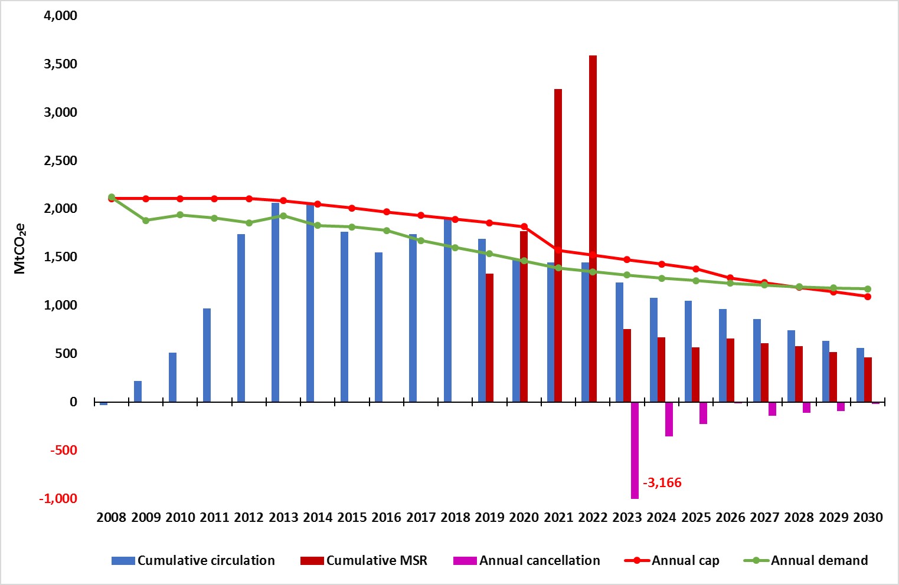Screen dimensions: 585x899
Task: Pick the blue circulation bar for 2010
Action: point(172,377)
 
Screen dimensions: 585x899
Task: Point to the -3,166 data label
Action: point(662,483)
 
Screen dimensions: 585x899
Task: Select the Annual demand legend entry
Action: point(806,560)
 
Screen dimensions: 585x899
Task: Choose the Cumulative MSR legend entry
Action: point(364,560)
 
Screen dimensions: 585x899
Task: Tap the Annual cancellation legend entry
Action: point(527,560)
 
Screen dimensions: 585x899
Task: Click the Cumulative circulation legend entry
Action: point(193,560)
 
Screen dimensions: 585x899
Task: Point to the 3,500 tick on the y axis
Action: point(61,64)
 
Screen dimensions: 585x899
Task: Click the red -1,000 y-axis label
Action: point(58,498)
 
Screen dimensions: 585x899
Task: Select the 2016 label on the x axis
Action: point(387,518)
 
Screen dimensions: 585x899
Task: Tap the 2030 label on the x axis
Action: point(868,518)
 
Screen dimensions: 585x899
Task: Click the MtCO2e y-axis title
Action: point(19,248)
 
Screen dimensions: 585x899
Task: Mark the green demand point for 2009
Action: point(146,221)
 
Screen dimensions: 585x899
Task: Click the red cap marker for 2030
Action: point(868,297)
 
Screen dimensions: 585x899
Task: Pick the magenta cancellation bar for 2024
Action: point(669,419)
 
